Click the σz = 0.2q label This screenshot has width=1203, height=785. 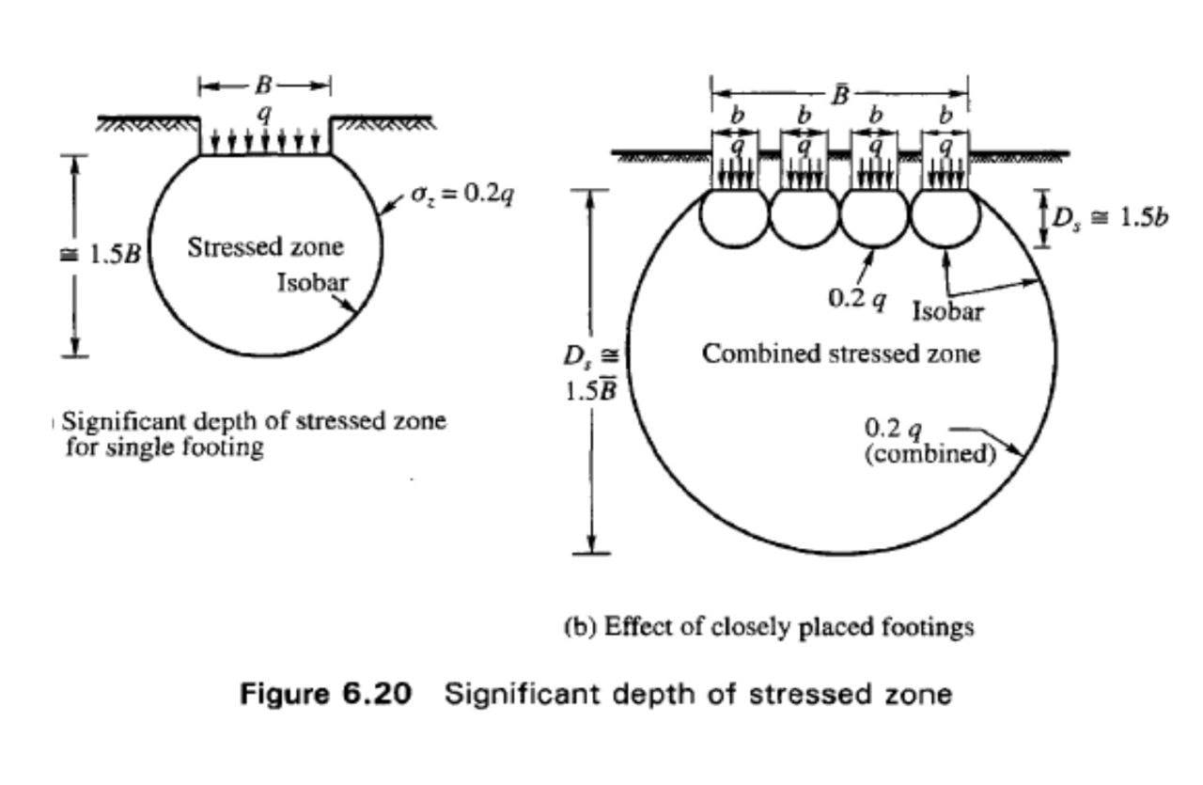pos(462,195)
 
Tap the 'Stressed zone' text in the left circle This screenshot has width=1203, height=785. pos(265,247)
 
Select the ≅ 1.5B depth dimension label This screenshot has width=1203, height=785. pos(101,254)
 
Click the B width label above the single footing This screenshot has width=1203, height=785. pos(264,85)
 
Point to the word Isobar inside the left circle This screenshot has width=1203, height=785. pos(313,283)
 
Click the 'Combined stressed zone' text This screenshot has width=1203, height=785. pos(841,354)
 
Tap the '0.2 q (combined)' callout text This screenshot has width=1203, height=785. pos(930,441)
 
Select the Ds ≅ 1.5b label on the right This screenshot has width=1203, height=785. pos(1110,217)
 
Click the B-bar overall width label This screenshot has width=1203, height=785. pos(841,95)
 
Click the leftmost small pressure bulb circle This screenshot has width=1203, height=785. pos(734,214)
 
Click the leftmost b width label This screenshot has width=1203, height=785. pos(739,115)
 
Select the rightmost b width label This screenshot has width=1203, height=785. pos(945,115)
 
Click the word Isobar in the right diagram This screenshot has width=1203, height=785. pos(948,311)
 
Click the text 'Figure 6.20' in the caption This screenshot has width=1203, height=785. pos(325,693)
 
